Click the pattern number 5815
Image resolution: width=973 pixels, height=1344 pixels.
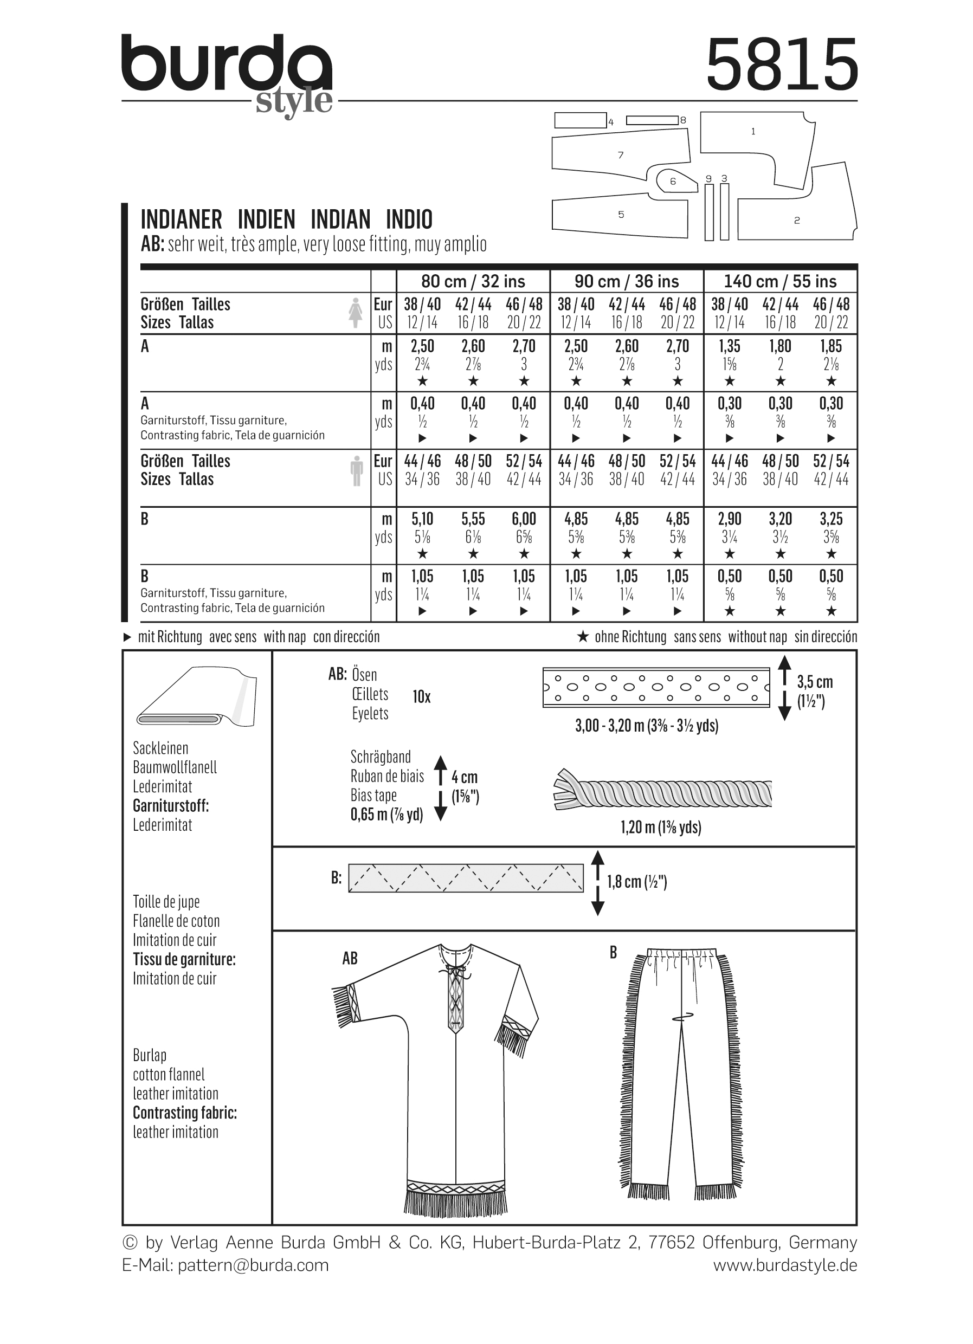pos(782,64)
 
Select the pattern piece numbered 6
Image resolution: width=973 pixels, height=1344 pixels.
pos(673,182)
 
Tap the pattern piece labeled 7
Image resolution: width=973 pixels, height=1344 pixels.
pos(621,155)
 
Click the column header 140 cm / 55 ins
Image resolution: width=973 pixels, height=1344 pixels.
pos(780,281)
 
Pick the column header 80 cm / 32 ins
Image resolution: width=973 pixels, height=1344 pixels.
pos(473,281)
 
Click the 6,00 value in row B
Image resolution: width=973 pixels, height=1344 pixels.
pos(524,519)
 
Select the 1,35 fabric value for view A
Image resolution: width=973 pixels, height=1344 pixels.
pos(730,346)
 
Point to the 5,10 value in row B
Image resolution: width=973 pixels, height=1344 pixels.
pos(422,519)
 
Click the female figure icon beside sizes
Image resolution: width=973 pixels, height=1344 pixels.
pos(356,313)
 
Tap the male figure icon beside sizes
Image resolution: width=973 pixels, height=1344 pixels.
pos(356,471)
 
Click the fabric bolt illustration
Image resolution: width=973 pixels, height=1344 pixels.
pos(196,697)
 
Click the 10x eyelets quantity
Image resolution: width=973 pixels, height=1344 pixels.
pos(421,697)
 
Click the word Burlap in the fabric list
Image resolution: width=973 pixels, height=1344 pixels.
pos(150,1055)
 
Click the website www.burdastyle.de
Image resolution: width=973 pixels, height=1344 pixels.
pos(784,1265)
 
